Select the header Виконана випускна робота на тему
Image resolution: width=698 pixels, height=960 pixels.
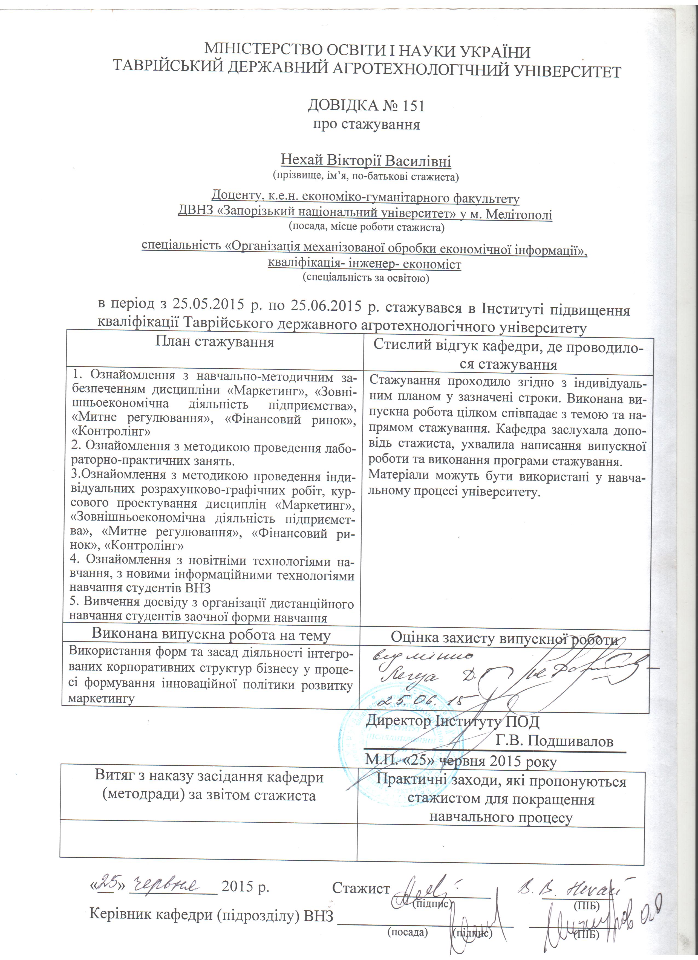(211, 635)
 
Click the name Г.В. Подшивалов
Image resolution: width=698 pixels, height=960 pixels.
(554, 740)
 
